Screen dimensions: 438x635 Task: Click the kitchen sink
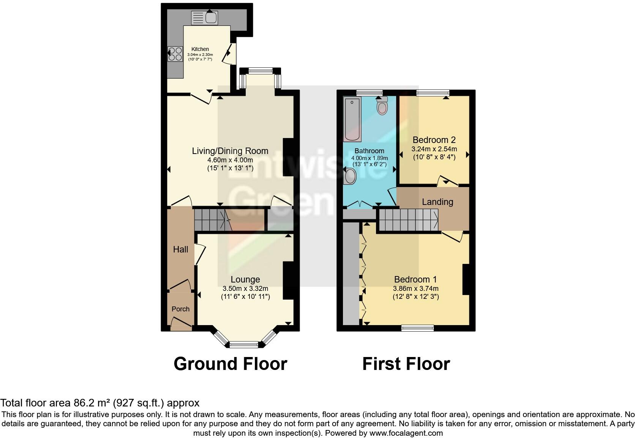205,17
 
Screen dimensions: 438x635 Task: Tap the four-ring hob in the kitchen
175,54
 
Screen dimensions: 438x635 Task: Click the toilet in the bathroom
382,106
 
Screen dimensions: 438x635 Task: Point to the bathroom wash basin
350,177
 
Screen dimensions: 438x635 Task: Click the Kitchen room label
200,49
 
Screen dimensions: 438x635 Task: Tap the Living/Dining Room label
230,151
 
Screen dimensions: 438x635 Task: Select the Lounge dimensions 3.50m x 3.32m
245,289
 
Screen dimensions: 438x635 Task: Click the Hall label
180,249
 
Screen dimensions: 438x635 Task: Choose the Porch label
180,309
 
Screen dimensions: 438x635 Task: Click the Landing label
438,202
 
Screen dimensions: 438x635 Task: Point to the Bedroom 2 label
434,140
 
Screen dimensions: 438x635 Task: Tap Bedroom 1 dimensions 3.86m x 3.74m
415,289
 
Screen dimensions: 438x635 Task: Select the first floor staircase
408,220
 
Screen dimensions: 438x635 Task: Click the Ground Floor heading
230,364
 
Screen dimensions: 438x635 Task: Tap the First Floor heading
406,364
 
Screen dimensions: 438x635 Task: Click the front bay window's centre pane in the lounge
244,345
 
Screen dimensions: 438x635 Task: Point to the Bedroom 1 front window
418,328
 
